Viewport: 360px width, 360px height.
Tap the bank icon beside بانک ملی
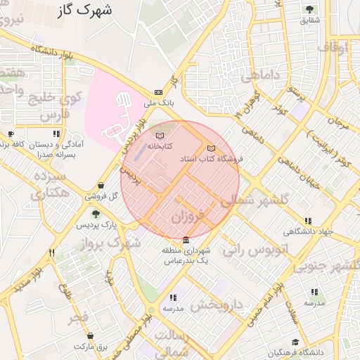(x=158, y=92)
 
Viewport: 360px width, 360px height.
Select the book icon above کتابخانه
(x=160, y=134)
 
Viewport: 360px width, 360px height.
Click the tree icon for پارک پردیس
(x=96, y=214)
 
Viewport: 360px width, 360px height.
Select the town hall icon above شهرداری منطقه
(x=186, y=240)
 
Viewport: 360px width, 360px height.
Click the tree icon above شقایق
(x=309, y=9)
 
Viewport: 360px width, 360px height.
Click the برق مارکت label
(x=91, y=347)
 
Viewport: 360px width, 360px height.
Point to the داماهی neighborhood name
(x=263, y=74)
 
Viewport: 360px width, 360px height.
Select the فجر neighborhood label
(x=78, y=318)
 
